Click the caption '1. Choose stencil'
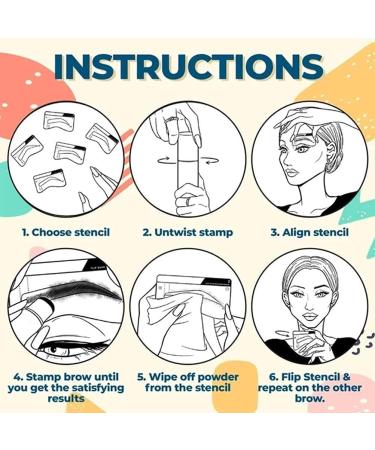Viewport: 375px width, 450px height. [x=65, y=231]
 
